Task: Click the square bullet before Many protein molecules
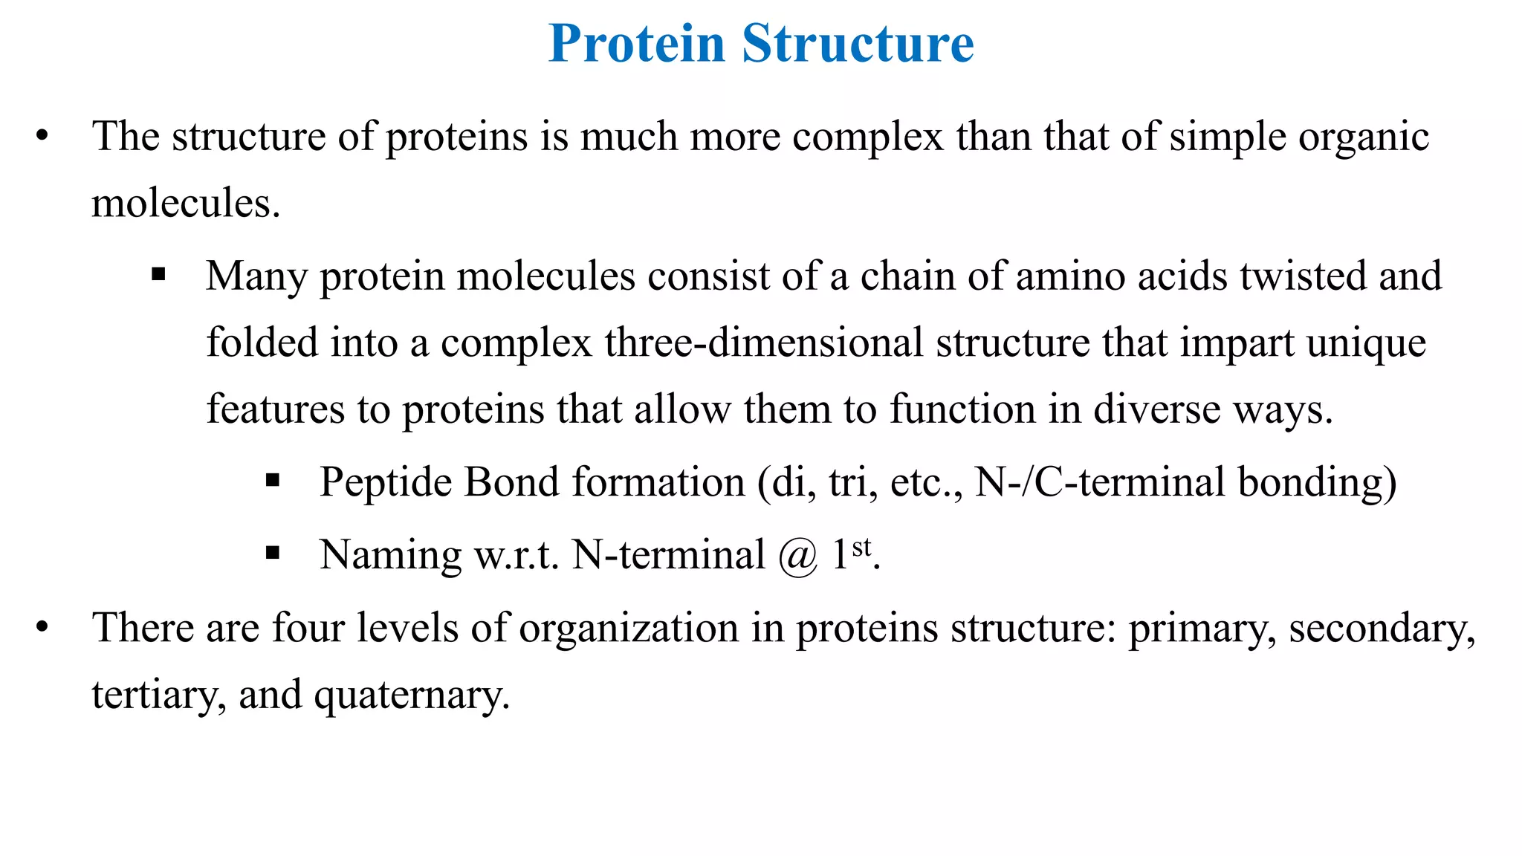point(158,275)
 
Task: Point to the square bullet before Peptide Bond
point(273,481)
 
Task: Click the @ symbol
point(798,556)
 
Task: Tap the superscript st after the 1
point(861,548)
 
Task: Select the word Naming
point(390,556)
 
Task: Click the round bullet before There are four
point(42,628)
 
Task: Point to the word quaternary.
point(412,696)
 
